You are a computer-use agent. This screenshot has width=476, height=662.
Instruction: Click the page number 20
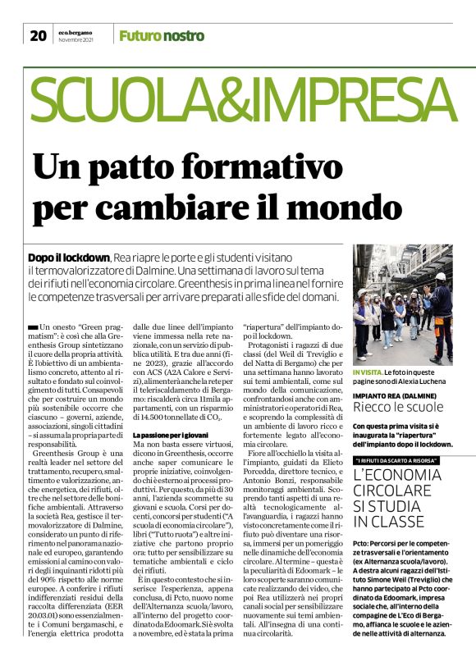coord(38,35)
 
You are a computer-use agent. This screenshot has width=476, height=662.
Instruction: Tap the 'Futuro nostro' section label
coord(161,35)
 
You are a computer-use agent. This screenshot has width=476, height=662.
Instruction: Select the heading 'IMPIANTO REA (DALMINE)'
coord(396,395)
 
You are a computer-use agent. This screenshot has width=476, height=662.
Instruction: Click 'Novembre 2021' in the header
coord(76,39)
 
